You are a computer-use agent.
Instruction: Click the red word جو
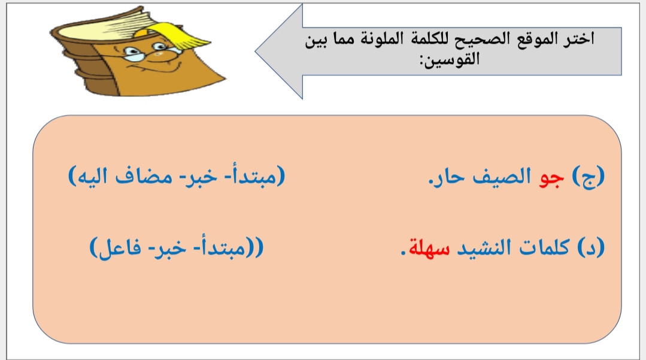coord(551,178)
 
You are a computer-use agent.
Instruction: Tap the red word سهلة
coord(429,248)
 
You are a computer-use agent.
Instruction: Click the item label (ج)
coord(589,177)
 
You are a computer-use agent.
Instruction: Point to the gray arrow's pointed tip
coord(256,52)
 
